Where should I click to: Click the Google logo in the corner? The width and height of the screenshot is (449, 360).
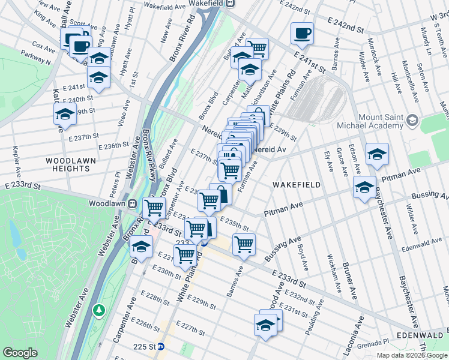coord(20,353)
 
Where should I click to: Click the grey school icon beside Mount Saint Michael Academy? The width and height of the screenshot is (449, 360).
coord(412,121)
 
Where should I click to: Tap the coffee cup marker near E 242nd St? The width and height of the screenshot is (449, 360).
coord(302,33)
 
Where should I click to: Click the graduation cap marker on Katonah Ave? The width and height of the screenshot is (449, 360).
coord(65,113)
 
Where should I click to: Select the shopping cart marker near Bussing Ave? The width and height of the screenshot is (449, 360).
coord(244,244)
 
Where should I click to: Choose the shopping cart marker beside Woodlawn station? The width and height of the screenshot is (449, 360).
coord(154,208)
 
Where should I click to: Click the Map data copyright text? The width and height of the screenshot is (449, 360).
coord(411,355)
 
